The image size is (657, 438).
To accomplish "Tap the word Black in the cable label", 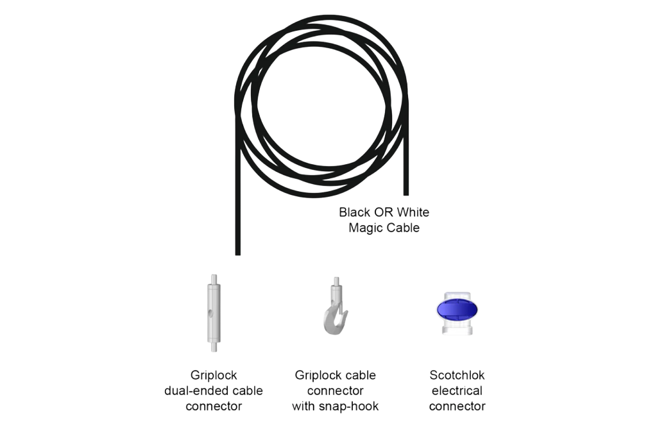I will [x=353, y=213].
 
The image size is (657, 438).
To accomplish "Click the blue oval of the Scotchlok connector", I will [x=457, y=311].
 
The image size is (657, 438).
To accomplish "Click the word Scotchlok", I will [x=457, y=375].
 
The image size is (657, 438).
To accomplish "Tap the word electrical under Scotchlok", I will [x=457, y=391].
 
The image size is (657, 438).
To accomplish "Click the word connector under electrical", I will [x=457, y=406].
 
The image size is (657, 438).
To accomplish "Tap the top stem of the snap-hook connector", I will [x=335, y=283].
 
